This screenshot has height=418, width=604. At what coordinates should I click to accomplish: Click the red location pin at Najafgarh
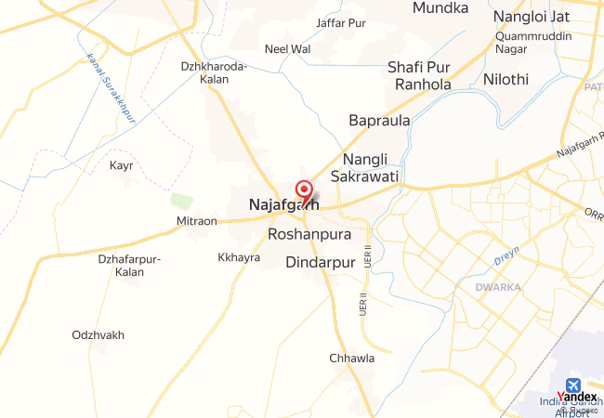303,189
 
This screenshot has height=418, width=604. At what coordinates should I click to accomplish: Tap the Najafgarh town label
282,205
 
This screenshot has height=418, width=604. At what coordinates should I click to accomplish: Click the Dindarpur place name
322,262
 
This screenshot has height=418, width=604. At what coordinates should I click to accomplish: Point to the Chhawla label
351,358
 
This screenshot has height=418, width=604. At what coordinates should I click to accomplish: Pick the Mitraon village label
196,221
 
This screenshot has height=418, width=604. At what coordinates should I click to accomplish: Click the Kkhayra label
239,257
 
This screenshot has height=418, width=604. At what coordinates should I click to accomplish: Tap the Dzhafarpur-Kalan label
130,266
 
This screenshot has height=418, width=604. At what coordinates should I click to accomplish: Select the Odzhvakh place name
98,334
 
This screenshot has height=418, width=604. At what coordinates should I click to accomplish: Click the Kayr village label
122,165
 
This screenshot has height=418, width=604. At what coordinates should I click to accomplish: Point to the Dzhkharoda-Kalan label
214,72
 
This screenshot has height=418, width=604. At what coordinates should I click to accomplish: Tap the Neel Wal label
287,48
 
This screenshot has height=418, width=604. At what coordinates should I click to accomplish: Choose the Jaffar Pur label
341,22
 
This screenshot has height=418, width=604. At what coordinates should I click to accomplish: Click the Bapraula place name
379,121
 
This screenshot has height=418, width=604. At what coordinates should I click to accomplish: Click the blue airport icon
571,384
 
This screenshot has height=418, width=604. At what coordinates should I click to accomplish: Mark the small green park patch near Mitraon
181,201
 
